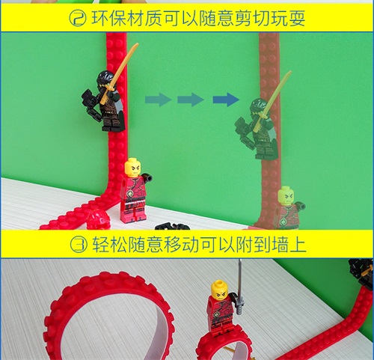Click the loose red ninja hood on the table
[97, 219]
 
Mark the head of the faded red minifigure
[286, 196]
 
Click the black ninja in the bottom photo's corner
[362, 273]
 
